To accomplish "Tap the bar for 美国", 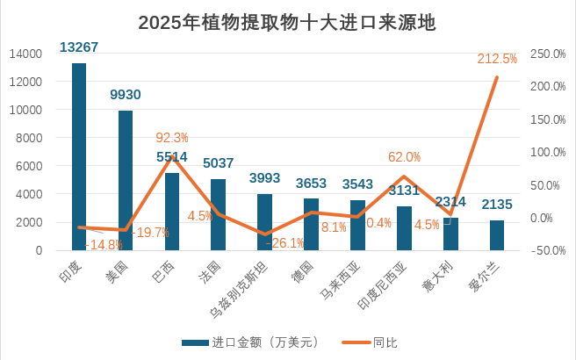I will point(126,180).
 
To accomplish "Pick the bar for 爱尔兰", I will point(497,235).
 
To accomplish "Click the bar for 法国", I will point(218,214).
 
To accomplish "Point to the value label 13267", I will point(79,47).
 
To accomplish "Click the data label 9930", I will point(126,95).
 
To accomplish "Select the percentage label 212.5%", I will point(498,59).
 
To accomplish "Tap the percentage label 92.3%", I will point(172,137).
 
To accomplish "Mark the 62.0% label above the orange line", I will point(405,157).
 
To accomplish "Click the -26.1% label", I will point(285,243).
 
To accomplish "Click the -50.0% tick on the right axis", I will point(548,250).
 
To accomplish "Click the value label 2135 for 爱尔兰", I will point(498,205).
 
